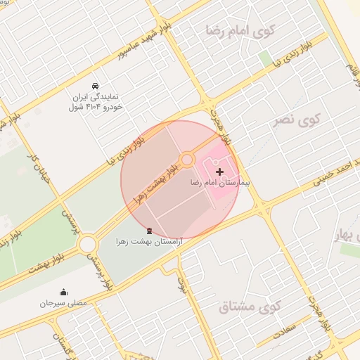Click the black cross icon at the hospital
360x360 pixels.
coord(220,171)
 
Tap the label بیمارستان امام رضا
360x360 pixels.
coord(219,182)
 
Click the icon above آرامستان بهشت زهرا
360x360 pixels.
coord(148,230)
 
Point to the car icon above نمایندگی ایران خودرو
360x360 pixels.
coord(96,86)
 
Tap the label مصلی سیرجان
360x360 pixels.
coord(63,304)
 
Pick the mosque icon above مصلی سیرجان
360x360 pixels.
coord(64,292)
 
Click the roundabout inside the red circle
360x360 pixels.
coord(187,160)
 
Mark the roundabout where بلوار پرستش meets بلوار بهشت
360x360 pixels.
coord(88,244)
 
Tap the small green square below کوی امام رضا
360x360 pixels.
coord(264,58)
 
